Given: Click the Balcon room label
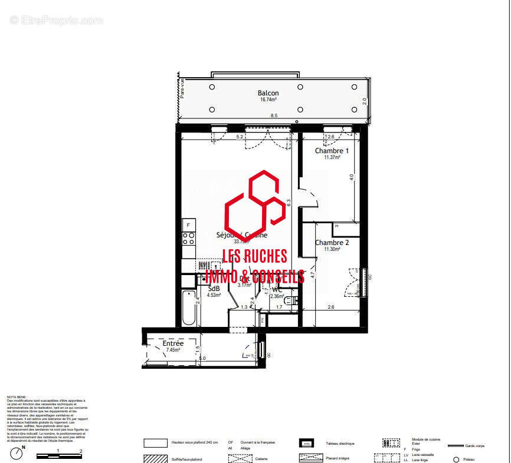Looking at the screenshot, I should [x=268, y=93].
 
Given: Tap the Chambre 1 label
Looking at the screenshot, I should [x=332, y=151].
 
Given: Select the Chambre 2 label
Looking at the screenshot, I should [x=332, y=243].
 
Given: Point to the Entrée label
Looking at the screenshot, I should [x=173, y=343].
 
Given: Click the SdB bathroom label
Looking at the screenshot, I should [x=214, y=289].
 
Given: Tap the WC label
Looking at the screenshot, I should [x=277, y=290].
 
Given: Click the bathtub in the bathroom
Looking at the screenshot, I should [x=188, y=307].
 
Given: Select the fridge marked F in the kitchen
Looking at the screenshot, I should [x=188, y=225].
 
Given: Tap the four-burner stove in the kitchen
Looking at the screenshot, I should [x=188, y=239].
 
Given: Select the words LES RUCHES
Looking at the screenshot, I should [x=254, y=256].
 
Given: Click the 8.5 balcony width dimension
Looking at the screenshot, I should [x=273, y=116].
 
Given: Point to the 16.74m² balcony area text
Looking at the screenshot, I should [x=268, y=100].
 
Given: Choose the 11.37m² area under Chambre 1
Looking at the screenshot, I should [x=332, y=157].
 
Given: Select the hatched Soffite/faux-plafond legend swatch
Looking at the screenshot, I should [x=156, y=459].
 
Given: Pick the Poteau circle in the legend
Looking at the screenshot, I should [x=456, y=459].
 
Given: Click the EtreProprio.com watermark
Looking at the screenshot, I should [x=56, y=20].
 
